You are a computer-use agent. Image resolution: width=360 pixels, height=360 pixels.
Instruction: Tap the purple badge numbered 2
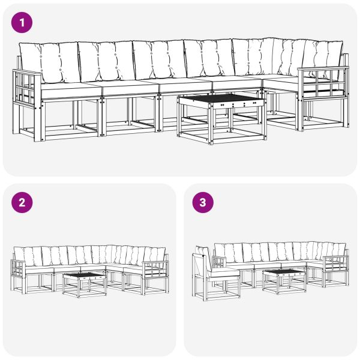coord(22,203)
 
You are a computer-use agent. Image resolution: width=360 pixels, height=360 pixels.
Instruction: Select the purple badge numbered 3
coord(202,203)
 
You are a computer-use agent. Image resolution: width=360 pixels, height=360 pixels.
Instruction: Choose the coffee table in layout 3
coord(284,279)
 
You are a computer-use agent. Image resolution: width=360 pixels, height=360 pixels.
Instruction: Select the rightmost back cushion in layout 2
coord(157,254)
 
